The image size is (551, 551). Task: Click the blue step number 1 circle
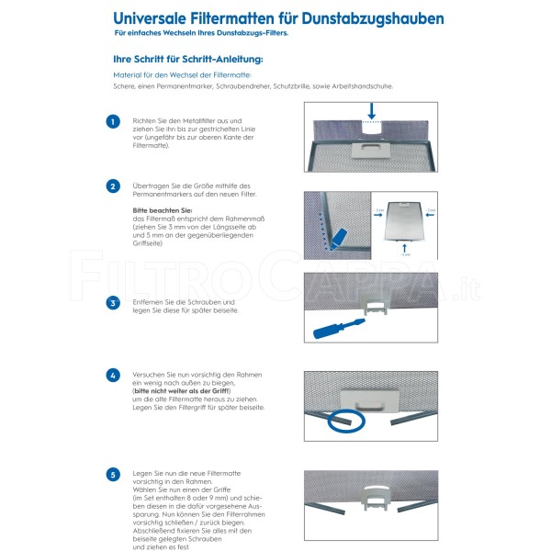112,121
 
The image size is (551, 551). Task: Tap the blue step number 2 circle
112,186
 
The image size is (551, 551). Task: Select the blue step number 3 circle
112,303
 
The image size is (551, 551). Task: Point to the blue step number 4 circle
112,376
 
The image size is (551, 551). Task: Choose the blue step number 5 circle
112,475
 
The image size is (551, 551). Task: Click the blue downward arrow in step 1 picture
370,111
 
